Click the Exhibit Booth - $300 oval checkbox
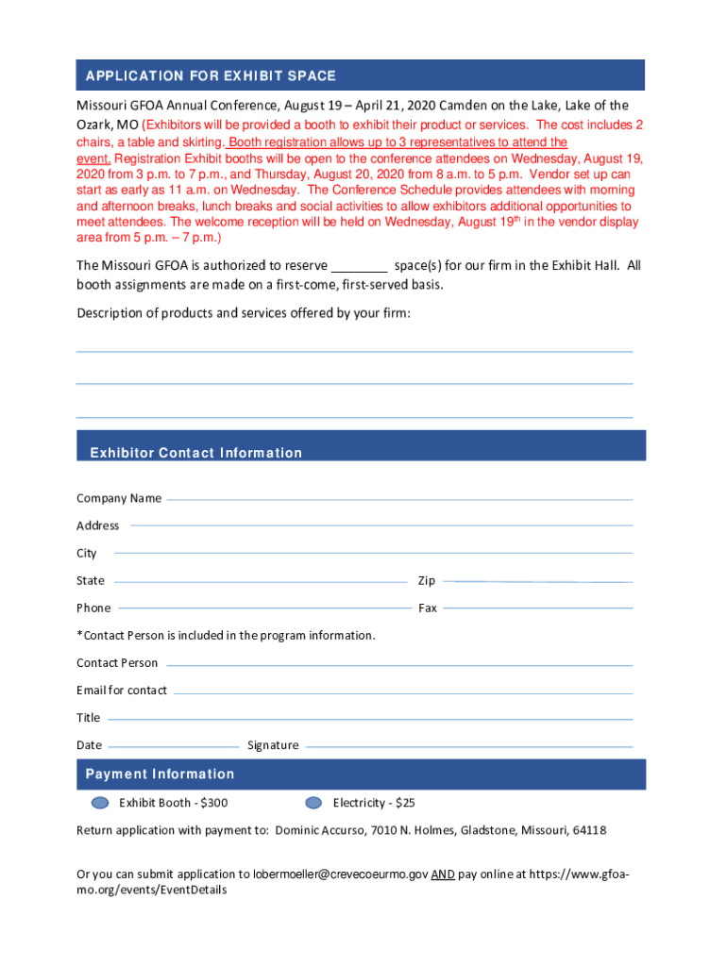coord(100,803)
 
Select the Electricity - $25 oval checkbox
coord(313,803)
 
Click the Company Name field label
coord(119,498)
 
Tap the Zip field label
coord(427,580)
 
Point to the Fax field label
coord(428,608)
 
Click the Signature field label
coord(273,745)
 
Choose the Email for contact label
coord(122,691)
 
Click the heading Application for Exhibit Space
coord(211,75)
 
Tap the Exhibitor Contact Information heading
coord(195,453)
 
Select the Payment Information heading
coord(160,774)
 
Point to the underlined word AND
coord(442,874)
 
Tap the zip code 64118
coord(589,830)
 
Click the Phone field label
coord(93,608)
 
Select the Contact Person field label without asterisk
coord(117,663)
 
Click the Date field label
coord(89,745)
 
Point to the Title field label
coord(88,718)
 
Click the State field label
coord(91,580)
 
